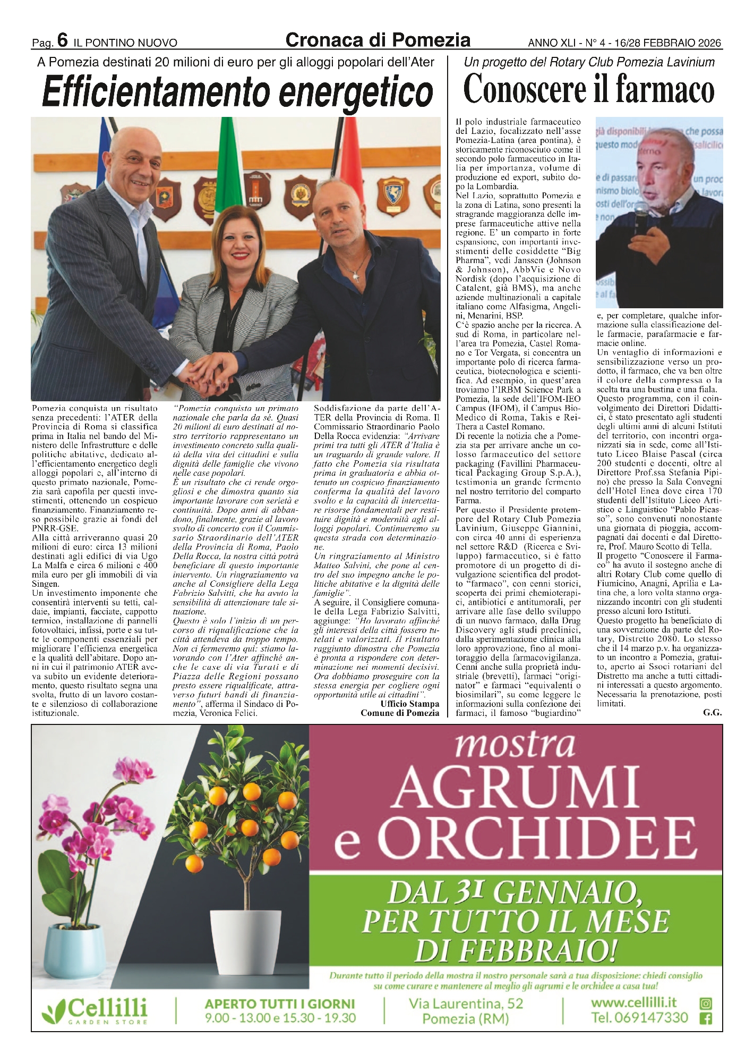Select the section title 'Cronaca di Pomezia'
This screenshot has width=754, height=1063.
click(x=378, y=39)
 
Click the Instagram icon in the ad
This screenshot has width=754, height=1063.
click(x=706, y=1003)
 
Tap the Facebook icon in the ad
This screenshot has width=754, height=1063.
click(x=706, y=1019)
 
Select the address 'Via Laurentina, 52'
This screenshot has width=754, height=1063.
click(x=466, y=1003)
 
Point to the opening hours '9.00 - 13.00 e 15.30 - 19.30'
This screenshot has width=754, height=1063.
click(x=280, y=1018)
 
